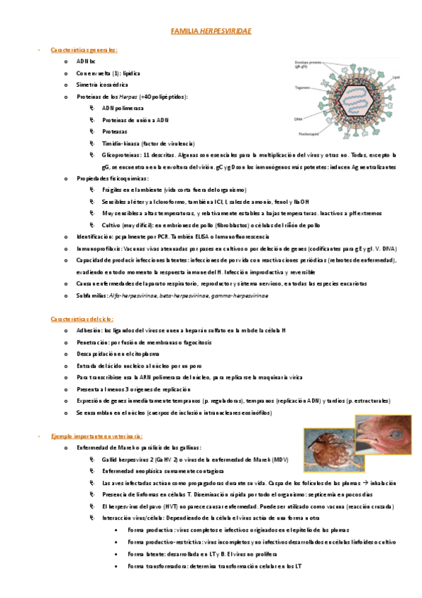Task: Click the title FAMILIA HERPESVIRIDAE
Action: click(x=211, y=32)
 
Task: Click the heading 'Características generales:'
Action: click(x=84, y=50)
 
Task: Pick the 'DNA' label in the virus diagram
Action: click(x=299, y=119)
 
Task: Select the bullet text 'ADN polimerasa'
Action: click(x=123, y=109)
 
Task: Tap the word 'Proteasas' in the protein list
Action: click(x=114, y=131)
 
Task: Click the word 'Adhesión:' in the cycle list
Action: click(x=89, y=331)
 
